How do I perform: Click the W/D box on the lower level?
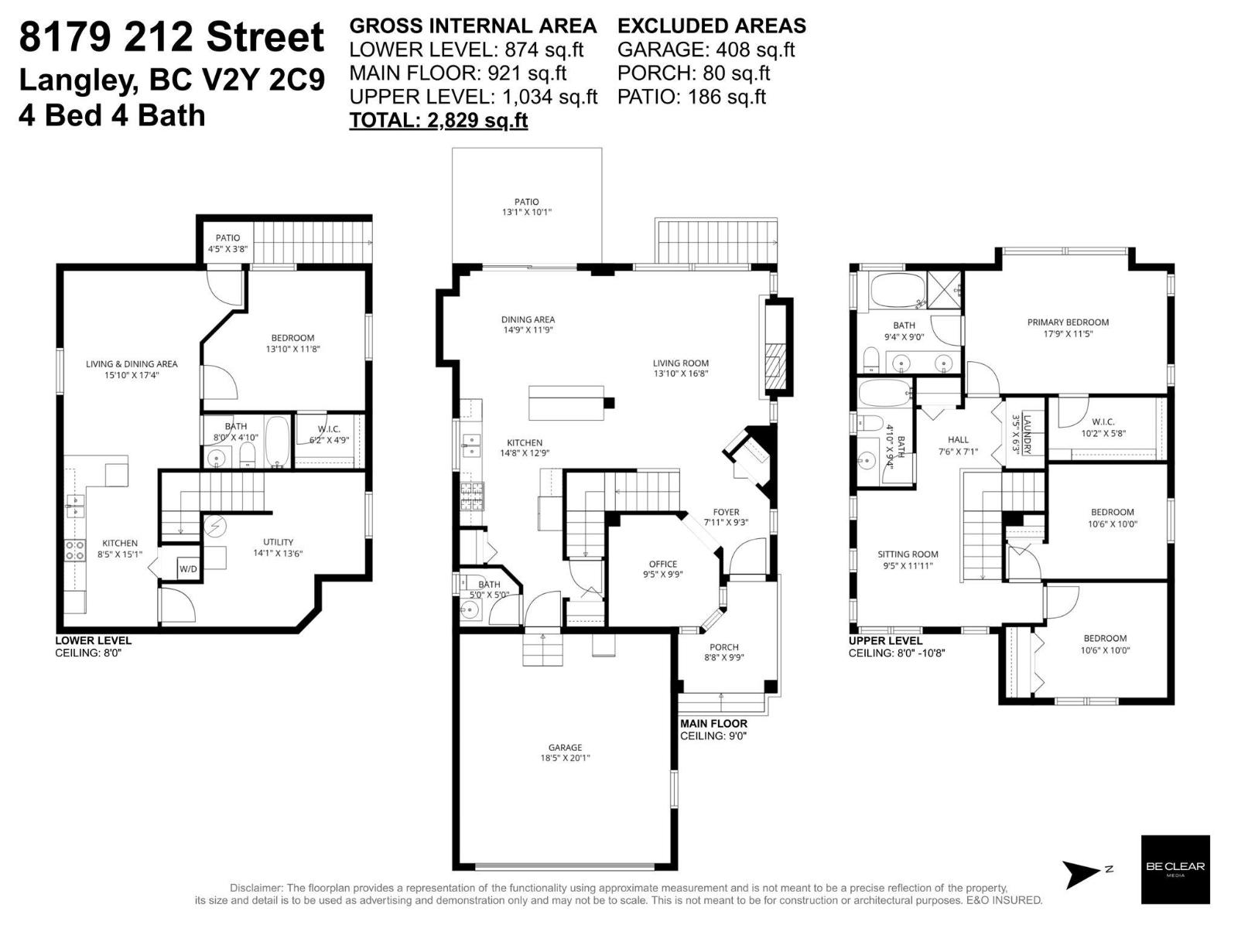(x=188, y=569)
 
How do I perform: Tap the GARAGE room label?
(x=565, y=747)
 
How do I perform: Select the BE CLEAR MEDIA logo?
(x=1175, y=869)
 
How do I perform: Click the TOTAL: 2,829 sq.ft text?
(x=439, y=120)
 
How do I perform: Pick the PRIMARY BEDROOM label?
(x=1068, y=322)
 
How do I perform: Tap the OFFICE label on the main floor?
(x=663, y=564)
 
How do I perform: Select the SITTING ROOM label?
(x=908, y=554)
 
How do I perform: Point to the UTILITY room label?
(x=278, y=542)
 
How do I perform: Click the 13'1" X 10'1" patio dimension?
(x=527, y=212)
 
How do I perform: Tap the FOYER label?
(x=726, y=512)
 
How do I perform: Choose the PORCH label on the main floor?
(x=723, y=647)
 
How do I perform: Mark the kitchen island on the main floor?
(x=566, y=403)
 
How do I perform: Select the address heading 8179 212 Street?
(x=172, y=37)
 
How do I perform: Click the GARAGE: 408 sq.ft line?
(x=706, y=49)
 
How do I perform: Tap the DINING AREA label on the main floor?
(x=528, y=319)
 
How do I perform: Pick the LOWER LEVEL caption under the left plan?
(x=93, y=640)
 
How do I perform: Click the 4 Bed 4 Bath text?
(x=112, y=115)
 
